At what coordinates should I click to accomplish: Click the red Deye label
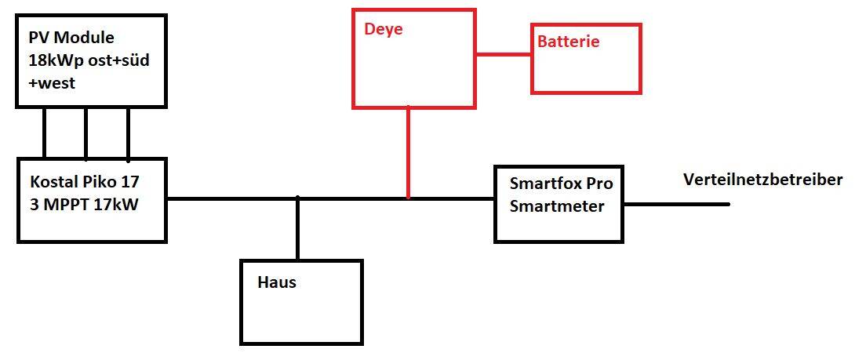pyautogui.click(x=384, y=30)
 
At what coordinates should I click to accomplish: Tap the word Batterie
pyautogui.click(x=569, y=42)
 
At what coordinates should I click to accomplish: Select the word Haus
pyautogui.click(x=276, y=282)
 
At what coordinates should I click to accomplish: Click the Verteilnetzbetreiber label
pyautogui.click(x=763, y=180)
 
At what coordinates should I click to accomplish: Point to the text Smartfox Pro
pyautogui.click(x=561, y=184)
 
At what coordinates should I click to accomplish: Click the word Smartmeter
pyautogui.click(x=557, y=207)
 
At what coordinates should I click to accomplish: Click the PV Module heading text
pyautogui.click(x=71, y=38)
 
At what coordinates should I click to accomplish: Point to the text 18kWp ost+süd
pyautogui.click(x=89, y=61)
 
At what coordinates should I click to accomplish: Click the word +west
pyautogui.click(x=52, y=85)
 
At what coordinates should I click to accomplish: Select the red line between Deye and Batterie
pyautogui.click(x=504, y=54)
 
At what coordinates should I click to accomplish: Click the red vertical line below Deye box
pyautogui.click(x=408, y=151)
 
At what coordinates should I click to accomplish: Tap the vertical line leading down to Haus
pyautogui.click(x=298, y=228)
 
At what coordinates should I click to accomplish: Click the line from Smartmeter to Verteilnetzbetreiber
pyautogui.click(x=676, y=205)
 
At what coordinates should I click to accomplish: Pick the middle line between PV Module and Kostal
pyautogui.click(x=85, y=133)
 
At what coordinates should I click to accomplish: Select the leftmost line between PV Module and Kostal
pyautogui.click(x=44, y=133)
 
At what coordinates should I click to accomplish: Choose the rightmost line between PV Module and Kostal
pyautogui.click(x=128, y=133)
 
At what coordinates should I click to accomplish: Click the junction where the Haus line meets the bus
pyautogui.click(x=298, y=198)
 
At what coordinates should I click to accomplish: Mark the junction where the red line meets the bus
pyautogui.click(x=408, y=198)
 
